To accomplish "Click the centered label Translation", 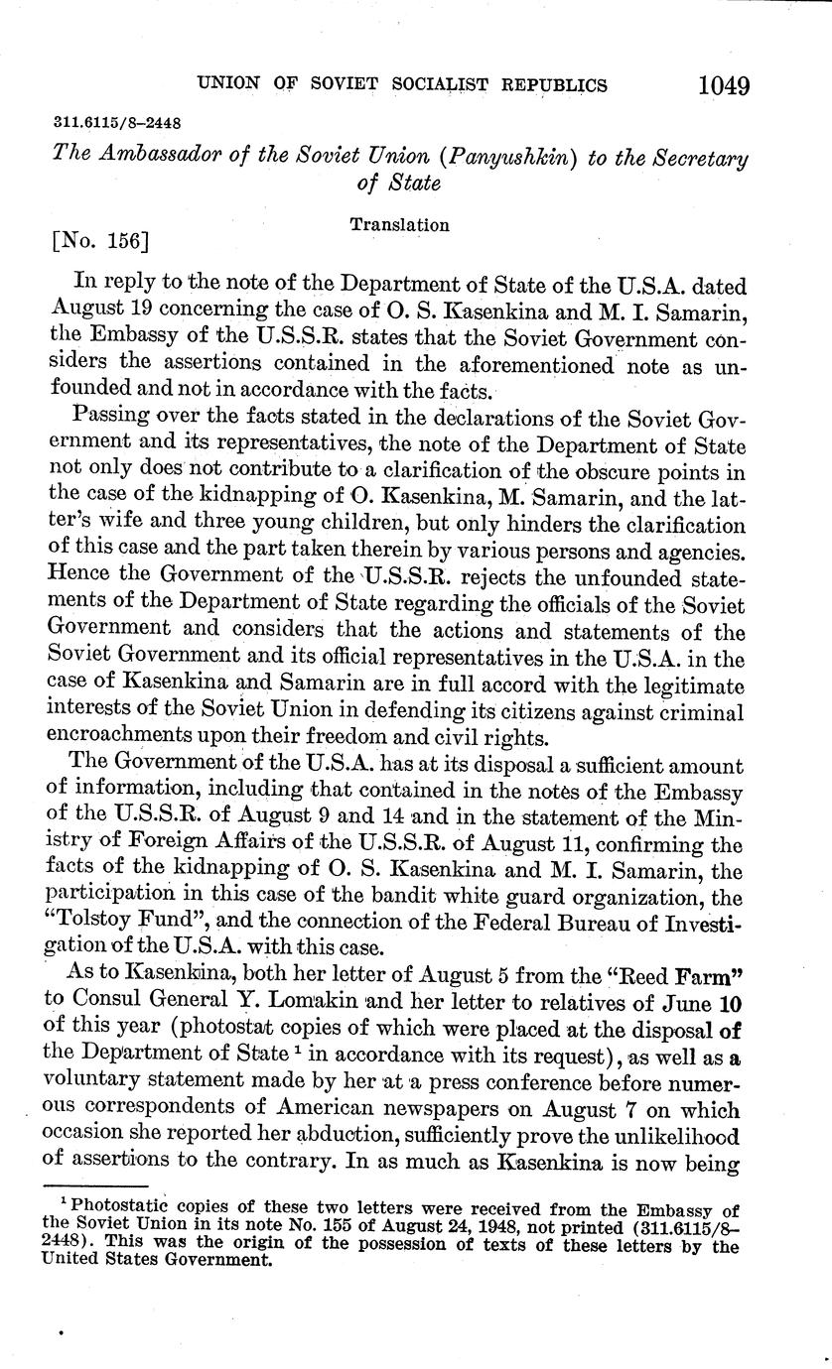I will coord(399,225).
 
